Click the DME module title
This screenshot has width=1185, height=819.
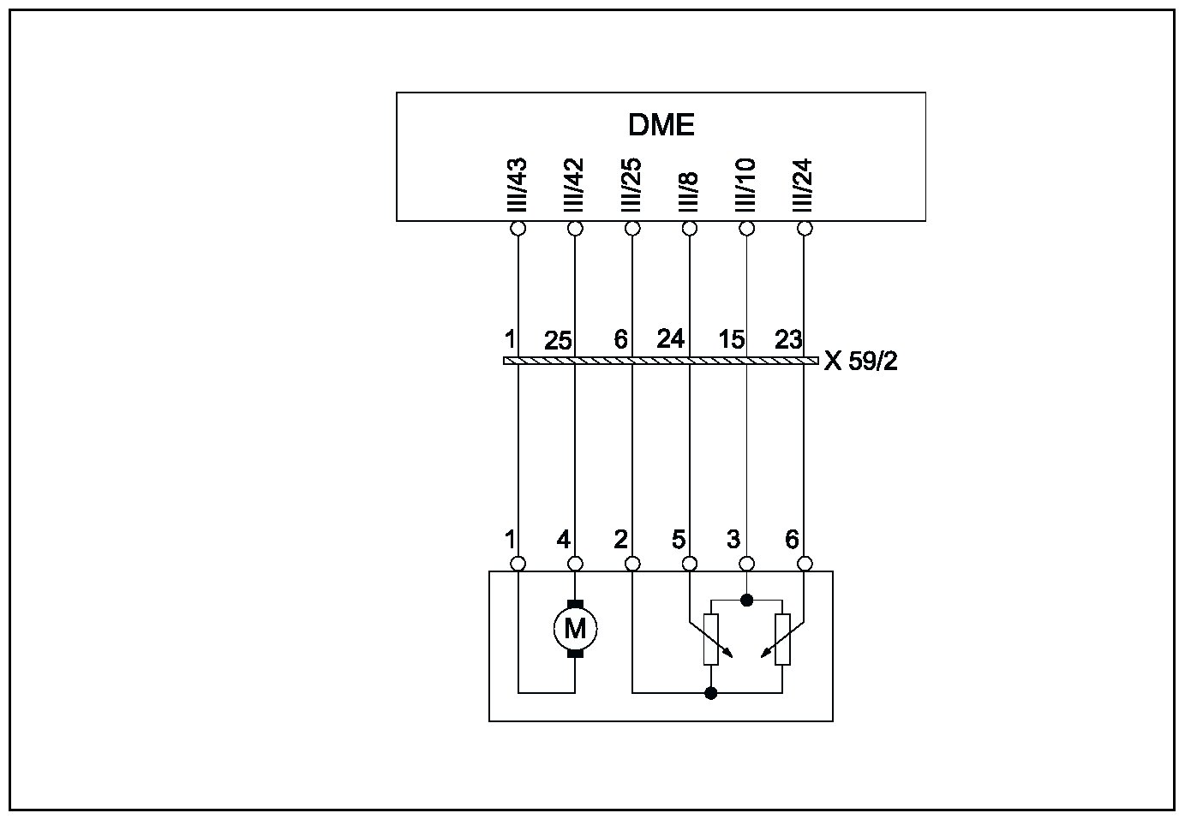[x=661, y=125]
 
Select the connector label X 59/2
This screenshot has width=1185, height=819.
[x=861, y=362]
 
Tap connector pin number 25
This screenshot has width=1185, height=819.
[x=558, y=341]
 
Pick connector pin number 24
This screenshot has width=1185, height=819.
[x=670, y=339]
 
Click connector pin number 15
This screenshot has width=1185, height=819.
[x=731, y=340]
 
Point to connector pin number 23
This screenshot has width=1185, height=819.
[x=787, y=339]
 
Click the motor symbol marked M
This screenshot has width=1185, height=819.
[x=575, y=630]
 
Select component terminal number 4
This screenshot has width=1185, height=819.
[x=563, y=541]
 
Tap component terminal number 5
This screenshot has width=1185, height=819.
[x=678, y=541]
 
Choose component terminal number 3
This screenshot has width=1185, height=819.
[x=733, y=541]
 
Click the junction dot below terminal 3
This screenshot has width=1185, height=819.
[x=746, y=601]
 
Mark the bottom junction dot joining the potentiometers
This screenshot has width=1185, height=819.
[x=710, y=692]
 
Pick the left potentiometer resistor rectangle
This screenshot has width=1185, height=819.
[x=710, y=639]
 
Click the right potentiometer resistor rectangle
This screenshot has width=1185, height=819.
[x=782, y=639]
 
